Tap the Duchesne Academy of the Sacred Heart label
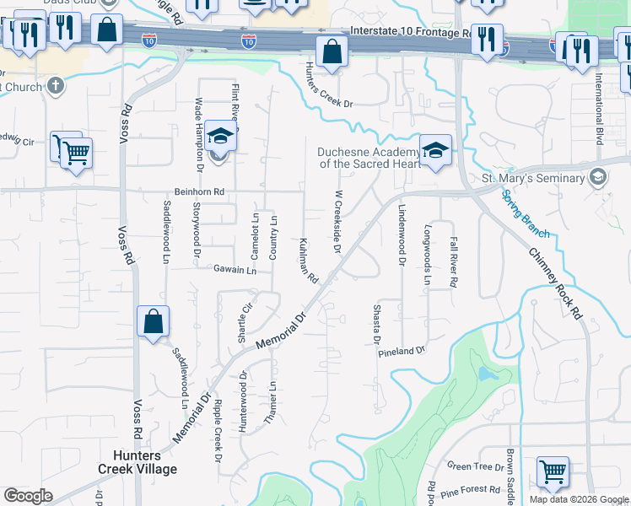coord(369,158)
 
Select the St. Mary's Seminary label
coord(532,178)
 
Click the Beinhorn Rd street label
coord(199,191)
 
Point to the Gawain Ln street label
coord(234,271)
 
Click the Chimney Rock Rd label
coord(556,282)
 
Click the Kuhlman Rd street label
coord(307,260)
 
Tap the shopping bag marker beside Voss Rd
coord(153,321)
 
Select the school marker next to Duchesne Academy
coord(435,150)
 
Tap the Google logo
coord(29,495)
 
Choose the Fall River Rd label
coord(453,262)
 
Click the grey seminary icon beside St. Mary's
coord(598,177)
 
